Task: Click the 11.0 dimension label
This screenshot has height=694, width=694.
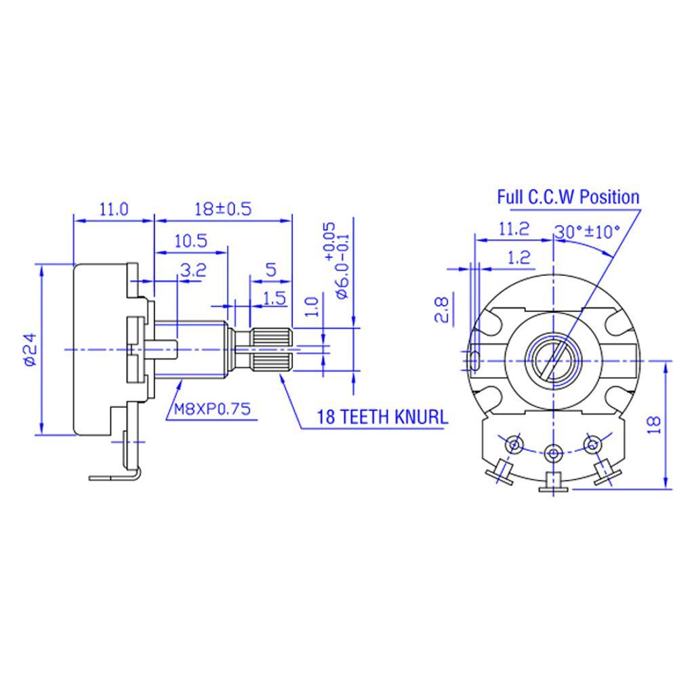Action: coord(114,209)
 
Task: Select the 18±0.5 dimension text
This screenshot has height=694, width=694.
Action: coord(223,209)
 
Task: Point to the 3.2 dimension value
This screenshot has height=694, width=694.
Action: coord(192,271)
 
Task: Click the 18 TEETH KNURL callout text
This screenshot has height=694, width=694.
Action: coord(383,417)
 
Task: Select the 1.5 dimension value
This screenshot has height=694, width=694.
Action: coord(274,298)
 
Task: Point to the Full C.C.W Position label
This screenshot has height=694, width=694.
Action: coord(568,197)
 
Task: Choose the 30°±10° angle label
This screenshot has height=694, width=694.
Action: coord(588,231)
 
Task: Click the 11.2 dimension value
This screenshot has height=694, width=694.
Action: coord(513,229)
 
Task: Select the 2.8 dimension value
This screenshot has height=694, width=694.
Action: coord(442,309)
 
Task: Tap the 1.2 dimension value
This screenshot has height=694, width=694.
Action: coord(518,257)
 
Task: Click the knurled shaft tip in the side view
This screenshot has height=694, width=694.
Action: coord(274,350)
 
